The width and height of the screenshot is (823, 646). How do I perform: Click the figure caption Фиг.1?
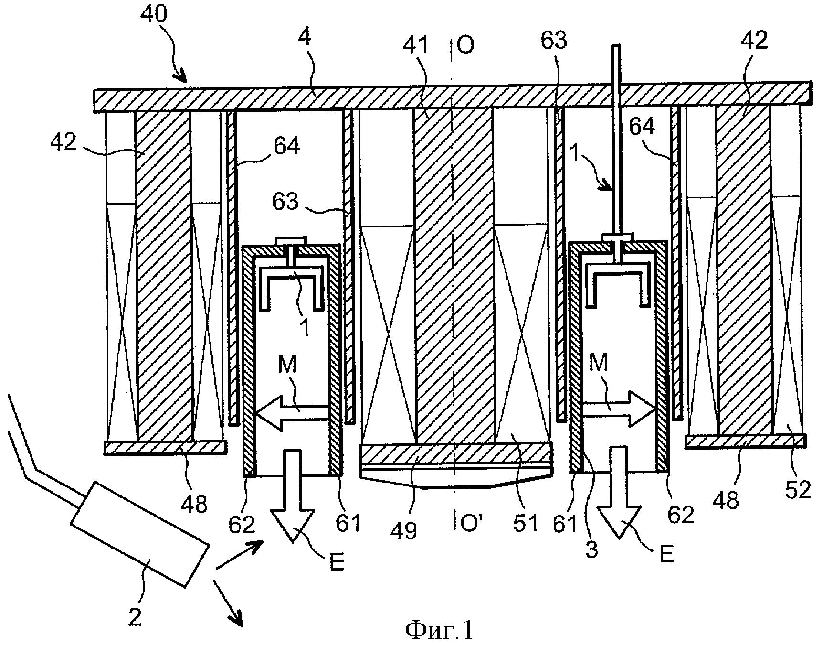click(439, 630)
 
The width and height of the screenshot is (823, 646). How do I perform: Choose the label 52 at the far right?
click(797, 489)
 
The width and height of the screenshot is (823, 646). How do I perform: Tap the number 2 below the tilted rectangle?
click(135, 617)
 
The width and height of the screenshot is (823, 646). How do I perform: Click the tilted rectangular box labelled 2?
click(140, 533)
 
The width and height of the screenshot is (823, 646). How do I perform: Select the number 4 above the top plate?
click(304, 38)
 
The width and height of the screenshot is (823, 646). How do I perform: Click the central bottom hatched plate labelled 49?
click(456, 453)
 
